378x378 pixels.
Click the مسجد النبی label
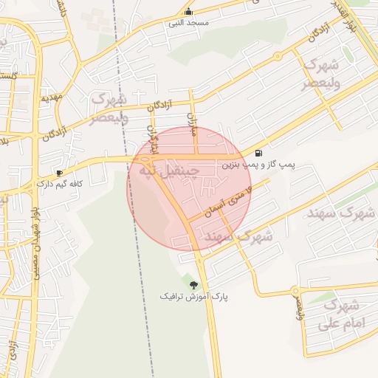coord(190,23)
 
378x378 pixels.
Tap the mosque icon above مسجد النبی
coord(190,11)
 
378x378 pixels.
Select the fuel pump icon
coord(258,154)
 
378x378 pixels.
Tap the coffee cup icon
coord(60,172)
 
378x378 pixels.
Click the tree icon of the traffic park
coord(194,284)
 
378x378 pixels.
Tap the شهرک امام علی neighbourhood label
coord(341,314)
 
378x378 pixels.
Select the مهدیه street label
coord(50,97)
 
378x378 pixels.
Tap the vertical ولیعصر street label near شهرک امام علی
coord(300,309)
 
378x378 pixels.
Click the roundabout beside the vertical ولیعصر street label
coord(294,290)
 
